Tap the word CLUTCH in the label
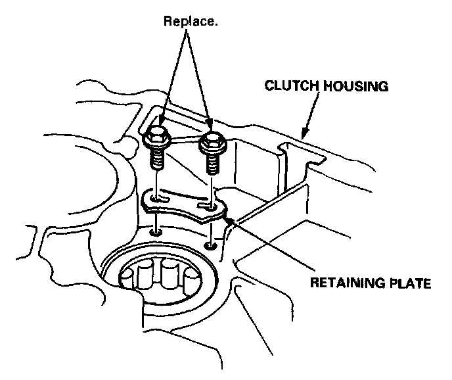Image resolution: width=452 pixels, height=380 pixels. point(288,85)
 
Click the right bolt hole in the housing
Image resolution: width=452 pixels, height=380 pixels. point(210,246)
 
